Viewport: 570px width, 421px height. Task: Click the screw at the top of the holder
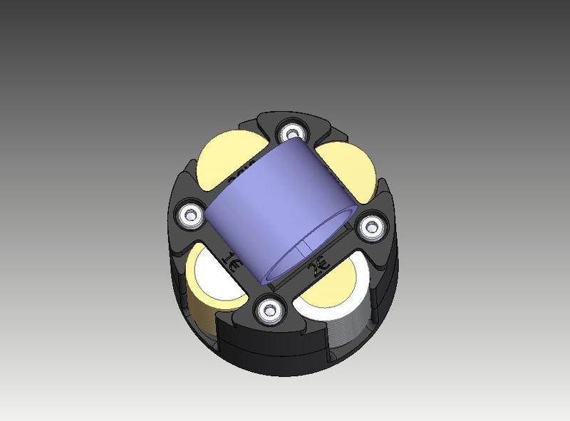291,132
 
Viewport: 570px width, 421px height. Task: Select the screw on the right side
370,227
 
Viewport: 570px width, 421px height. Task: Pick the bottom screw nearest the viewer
270,309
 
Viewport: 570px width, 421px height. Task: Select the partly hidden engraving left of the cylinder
239,174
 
